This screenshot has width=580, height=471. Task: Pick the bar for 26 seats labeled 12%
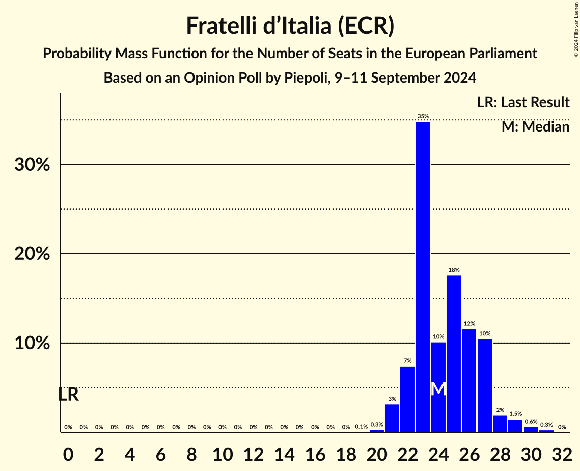pyautogui.click(x=469, y=380)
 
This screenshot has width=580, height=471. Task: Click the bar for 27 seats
pyautogui.click(x=485, y=385)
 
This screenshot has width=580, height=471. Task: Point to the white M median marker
pyautogui.click(x=438, y=389)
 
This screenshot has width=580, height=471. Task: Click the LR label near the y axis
pyautogui.click(x=68, y=395)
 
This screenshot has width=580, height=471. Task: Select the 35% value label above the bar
pyautogui.click(x=423, y=116)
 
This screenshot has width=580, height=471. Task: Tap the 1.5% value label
pyautogui.click(x=515, y=414)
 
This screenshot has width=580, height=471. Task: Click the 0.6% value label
pyautogui.click(x=531, y=422)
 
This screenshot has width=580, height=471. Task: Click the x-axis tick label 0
pyautogui.click(x=68, y=452)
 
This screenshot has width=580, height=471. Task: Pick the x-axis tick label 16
pyautogui.click(x=315, y=452)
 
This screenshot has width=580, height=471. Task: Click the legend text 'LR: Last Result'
pyautogui.click(x=523, y=102)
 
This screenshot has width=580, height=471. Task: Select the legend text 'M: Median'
pyautogui.click(x=535, y=126)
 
